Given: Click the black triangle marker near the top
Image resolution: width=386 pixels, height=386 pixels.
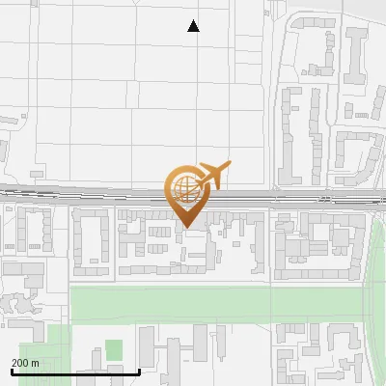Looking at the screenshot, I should pyautogui.click(x=194, y=26).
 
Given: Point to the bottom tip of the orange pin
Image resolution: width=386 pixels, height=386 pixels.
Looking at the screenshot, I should pyautogui.click(x=186, y=227).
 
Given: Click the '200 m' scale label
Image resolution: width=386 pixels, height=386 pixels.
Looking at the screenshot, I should pyautogui.click(x=25, y=363).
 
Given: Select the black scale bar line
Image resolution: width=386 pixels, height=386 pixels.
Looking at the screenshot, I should pyautogui.click(x=75, y=372).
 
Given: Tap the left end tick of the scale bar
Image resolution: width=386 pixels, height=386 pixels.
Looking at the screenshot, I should pyautogui.click(x=12, y=370).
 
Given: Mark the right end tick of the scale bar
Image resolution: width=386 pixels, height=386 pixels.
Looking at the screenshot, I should pyautogui.click(x=140, y=370).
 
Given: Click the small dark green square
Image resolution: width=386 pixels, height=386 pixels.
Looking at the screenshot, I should pyautogui.click(x=114, y=350).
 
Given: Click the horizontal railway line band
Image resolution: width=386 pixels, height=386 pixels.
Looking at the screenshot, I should pyautogui.click(x=96, y=195).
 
